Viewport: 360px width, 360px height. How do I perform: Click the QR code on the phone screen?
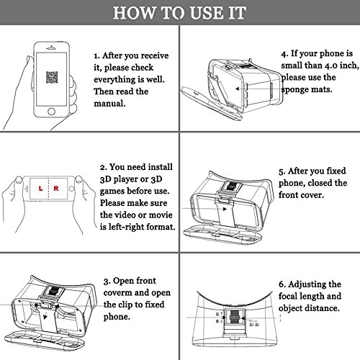click(52, 77)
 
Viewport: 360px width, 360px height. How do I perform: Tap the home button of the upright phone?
click(51, 112)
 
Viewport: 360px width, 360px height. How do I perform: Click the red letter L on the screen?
click(40, 189)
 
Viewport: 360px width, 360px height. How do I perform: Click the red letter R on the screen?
click(56, 189)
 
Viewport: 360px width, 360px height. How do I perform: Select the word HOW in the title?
click(134, 13)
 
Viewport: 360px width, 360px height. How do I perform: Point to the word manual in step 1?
click(109, 104)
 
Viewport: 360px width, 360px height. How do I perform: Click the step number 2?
click(104, 167)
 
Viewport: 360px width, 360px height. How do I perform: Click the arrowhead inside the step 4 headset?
click(237, 89)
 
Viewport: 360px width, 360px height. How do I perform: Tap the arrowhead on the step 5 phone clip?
click(225, 209)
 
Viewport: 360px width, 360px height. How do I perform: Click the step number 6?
click(282, 285)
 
